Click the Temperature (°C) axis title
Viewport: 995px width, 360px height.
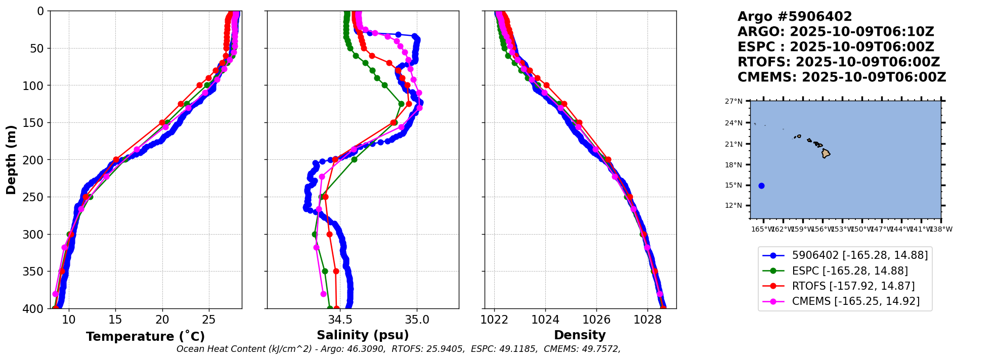tap(145, 337)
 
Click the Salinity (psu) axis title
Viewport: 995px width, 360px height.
tap(363, 335)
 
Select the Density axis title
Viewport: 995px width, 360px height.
tap(580, 335)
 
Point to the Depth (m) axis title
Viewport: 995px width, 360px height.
tap(11, 160)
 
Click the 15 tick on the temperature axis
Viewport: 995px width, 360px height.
tap(115, 320)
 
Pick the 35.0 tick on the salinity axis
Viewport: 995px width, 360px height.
tap(417, 320)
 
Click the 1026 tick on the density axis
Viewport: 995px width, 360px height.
tap(596, 320)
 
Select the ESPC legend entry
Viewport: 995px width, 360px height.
tap(849, 271)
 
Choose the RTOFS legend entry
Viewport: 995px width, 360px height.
tap(853, 286)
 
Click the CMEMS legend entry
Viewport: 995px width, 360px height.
tap(855, 301)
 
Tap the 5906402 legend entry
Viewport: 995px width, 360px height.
tap(859, 255)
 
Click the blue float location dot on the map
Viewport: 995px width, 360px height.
tap(761, 186)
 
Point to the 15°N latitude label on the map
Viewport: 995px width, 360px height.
tap(733, 186)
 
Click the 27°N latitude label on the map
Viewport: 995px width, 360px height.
tap(733, 102)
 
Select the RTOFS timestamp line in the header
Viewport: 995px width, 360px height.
tap(838, 62)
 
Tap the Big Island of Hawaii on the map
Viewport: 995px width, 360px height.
tap(826, 153)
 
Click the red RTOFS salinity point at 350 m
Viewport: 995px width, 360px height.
tap(336, 272)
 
